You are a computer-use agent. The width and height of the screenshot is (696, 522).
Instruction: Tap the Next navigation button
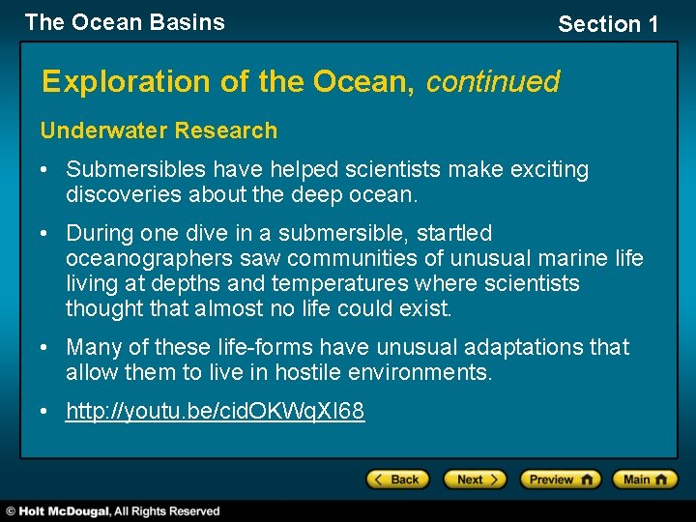[x=475, y=479]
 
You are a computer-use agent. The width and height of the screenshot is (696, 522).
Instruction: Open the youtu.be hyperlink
[x=215, y=411]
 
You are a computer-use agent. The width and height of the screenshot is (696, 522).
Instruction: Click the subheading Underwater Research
[x=159, y=130]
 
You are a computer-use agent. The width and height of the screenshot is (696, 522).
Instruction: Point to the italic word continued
[x=492, y=82]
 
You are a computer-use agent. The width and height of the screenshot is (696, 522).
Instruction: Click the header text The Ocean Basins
[x=125, y=22]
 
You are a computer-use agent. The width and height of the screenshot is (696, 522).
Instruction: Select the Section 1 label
[x=608, y=24]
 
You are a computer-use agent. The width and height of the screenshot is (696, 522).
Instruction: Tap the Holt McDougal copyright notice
[x=113, y=510]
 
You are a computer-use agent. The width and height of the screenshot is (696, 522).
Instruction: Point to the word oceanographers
[x=150, y=258]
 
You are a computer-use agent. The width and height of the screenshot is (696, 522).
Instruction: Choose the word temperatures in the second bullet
[x=339, y=283]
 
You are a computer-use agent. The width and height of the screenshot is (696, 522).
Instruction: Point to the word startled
[x=453, y=233]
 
